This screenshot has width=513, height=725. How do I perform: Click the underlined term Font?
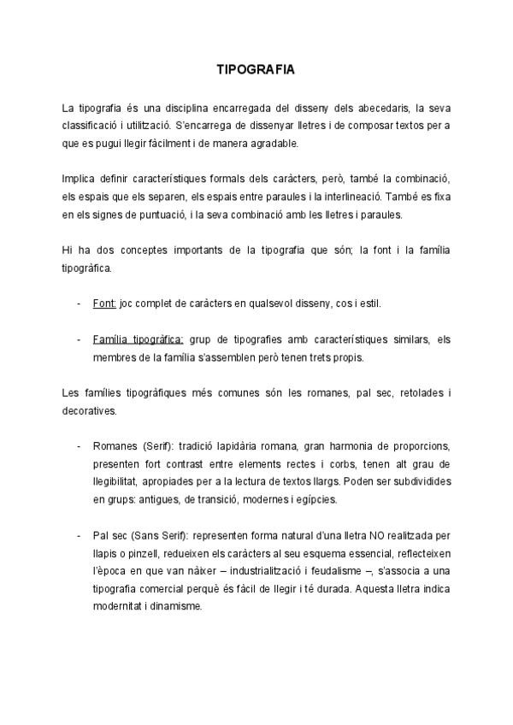[x=104, y=304]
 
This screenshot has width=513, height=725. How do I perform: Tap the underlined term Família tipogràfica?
[x=138, y=339]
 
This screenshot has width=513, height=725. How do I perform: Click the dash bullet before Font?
[x=80, y=304]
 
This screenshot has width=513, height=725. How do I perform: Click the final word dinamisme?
[x=178, y=606]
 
